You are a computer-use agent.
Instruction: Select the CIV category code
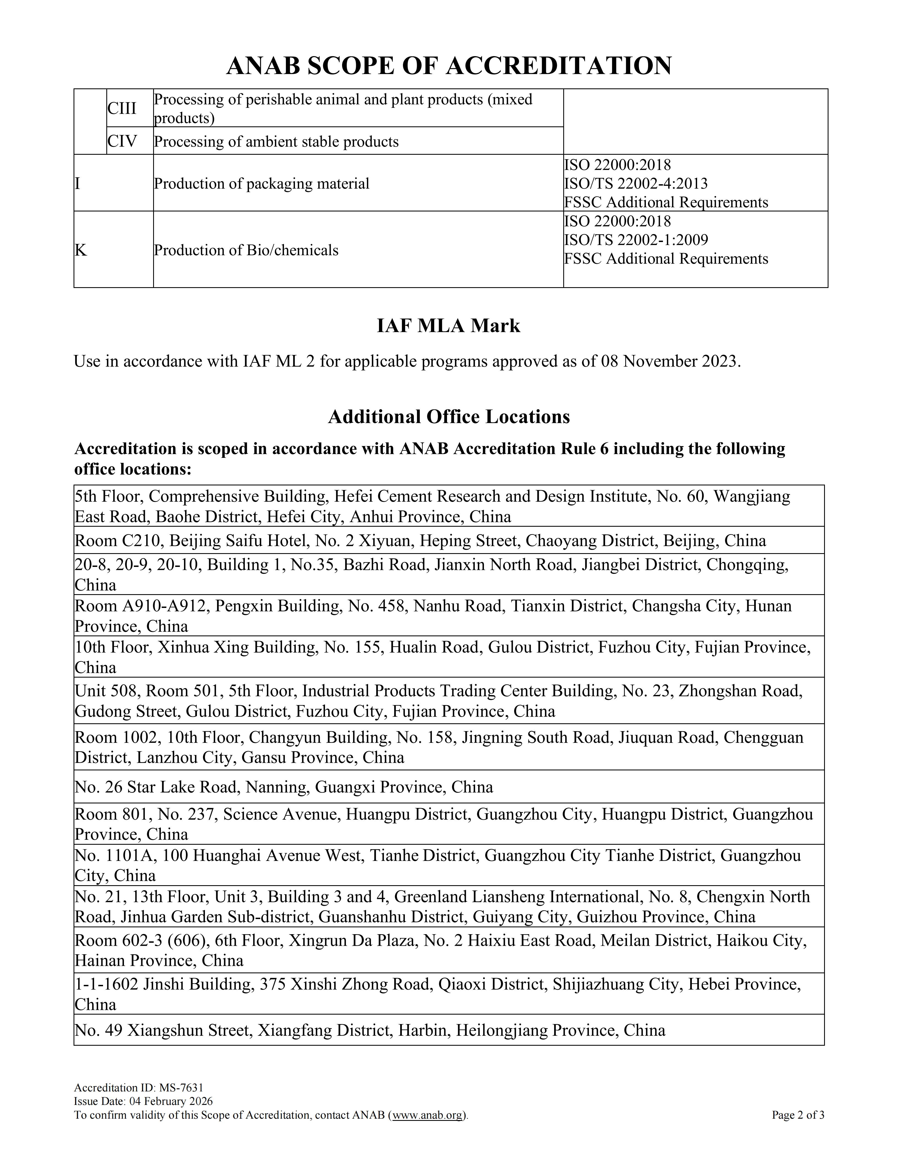[123, 141]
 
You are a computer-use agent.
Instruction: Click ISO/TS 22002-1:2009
[636, 240]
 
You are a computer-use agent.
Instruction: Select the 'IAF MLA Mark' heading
[448, 325]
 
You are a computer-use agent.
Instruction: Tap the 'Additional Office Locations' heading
[448, 416]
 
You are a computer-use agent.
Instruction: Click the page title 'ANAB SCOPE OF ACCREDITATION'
[448, 66]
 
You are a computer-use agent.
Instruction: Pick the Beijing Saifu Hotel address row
[420, 540]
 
